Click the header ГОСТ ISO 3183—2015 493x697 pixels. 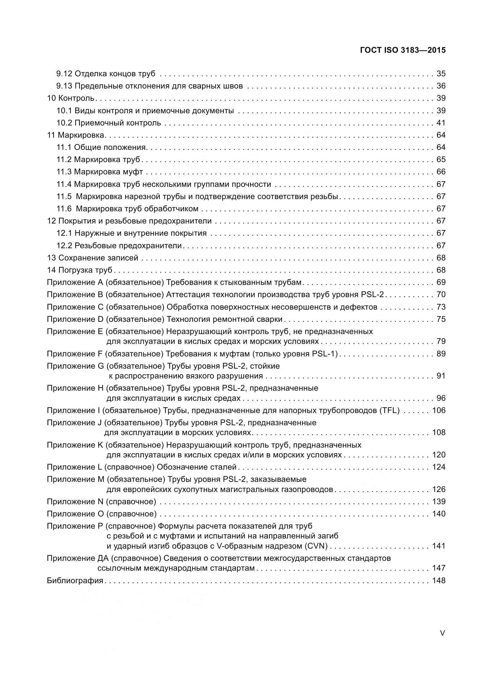pyautogui.click(x=403, y=50)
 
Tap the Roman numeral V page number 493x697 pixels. pyautogui.click(x=443, y=633)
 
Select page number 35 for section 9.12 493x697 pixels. pyautogui.click(x=441, y=74)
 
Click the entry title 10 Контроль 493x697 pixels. pyautogui.click(x=71, y=98)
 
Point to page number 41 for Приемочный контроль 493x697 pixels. pyautogui.click(x=441, y=123)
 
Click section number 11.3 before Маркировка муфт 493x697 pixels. pyautogui.click(x=64, y=172)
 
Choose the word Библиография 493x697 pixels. pyautogui.click(x=75, y=580)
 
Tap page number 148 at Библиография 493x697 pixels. pyautogui.click(x=439, y=580)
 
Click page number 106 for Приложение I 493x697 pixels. pyautogui.click(x=439, y=410)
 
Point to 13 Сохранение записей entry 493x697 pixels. pyautogui.click(x=93, y=258)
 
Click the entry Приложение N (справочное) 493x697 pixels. pyautogui.click(x=101, y=502)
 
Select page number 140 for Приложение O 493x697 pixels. pyautogui.click(x=439, y=514)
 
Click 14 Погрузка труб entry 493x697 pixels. pyautogui.click(x=80, y=270)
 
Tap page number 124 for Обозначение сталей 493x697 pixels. pyautogui.click(x=439, y=467)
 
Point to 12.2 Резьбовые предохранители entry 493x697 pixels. pyautogui.click(x=119, y=245)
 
